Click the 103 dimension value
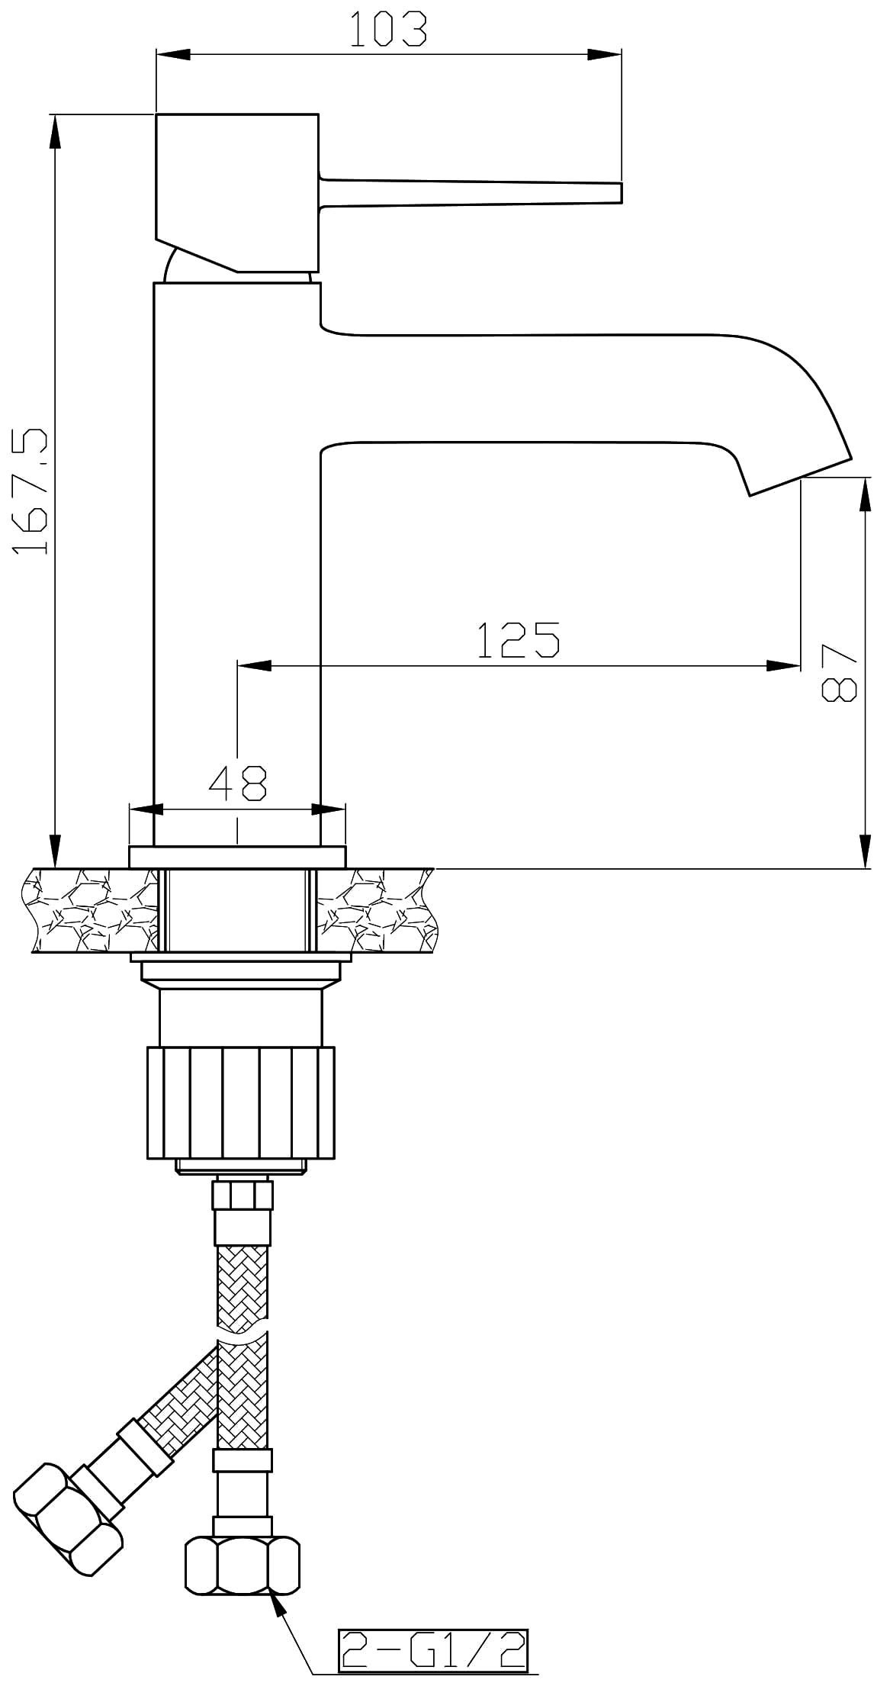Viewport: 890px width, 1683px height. click(x=389, y=29)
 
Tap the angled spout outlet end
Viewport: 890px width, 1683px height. click(x=799, y=478)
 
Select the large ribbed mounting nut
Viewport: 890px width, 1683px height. click(x=239, y=1102)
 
